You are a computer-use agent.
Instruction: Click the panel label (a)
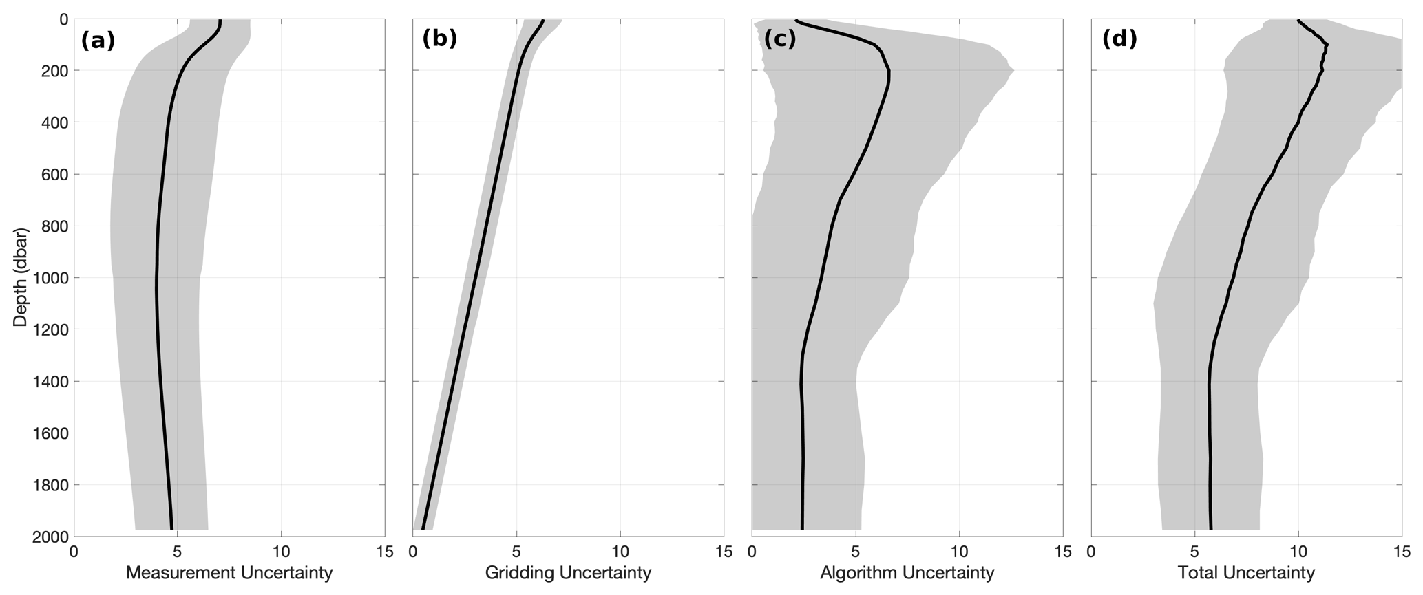pos(98,41)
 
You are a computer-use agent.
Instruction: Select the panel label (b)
pos(439,39)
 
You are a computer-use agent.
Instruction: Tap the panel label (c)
pos(780,39)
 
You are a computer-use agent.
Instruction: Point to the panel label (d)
pos(1119,39)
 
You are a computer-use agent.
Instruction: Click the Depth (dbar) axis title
pos(21,277)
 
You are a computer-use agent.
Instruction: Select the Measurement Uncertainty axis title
pos(229,573)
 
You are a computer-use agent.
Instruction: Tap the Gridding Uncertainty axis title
pos(568,573)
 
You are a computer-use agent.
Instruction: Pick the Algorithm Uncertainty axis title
pos(907,573)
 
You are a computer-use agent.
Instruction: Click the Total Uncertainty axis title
pos(1246,573)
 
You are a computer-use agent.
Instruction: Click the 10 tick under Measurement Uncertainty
pos(281,552)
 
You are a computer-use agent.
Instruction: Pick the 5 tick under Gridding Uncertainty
pos(516,552)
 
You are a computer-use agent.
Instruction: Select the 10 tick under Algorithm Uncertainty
pos(959,552)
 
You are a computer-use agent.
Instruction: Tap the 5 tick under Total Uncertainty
pos(1194,552)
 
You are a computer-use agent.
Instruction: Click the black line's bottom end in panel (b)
pos(423,528)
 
